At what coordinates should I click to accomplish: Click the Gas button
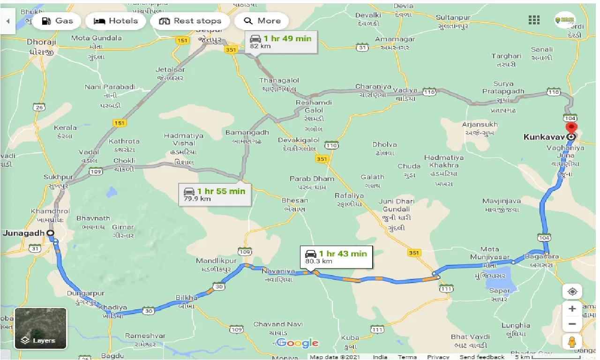[x=57, y=21]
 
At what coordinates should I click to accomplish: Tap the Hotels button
[x=115, y=21]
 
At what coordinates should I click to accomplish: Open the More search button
[x=262, y=21]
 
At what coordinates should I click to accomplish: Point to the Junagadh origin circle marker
[x=50, y=233]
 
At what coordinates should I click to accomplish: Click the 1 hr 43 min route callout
[x=336, y=257]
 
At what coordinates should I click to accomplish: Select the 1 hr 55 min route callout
[x=214, y=195]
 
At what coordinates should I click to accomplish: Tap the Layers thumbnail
[x=41, y=328]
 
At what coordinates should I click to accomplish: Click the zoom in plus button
[x=572, y=309]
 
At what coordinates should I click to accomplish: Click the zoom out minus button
[x=572, y=324]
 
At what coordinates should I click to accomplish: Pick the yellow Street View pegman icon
[x=572, y=342]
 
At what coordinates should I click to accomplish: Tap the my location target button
[x=572, y=292]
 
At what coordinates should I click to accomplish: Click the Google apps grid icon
[x=534, y=20]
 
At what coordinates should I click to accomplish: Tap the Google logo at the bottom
[x=297, y=343]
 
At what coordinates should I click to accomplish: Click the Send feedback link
[x=483, y=357]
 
